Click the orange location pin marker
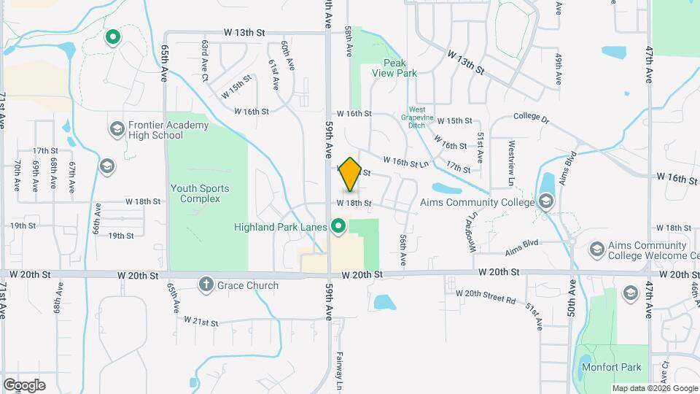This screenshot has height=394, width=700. (350, 174)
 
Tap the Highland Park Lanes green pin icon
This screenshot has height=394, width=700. (338, 227)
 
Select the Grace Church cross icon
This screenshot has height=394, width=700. (206, 285)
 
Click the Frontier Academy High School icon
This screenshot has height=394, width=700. (116, 130)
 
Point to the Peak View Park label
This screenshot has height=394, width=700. (400, 68)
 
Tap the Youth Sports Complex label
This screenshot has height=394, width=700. (200, 193)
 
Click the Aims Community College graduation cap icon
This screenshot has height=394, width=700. (545, 201)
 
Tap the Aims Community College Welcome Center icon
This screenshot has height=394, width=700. (596, 250)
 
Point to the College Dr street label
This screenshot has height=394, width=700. (534, 116)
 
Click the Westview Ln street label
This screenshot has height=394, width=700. (512, 157)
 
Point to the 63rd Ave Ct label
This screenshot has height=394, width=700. (205, 60)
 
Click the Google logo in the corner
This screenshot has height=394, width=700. (24, 385)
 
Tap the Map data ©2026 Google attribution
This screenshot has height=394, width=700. (654, 388)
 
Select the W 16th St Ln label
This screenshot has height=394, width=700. (405, 161)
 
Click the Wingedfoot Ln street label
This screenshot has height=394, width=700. (472, 232)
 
